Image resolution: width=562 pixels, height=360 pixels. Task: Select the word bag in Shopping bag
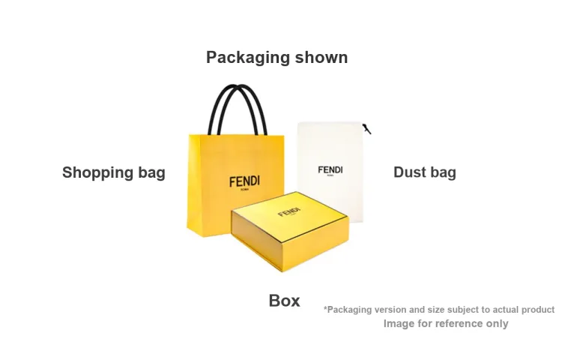coord(151,172)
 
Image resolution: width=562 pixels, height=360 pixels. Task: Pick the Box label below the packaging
coord(284,301)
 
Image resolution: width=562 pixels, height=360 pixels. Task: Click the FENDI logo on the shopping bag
coord(244,181)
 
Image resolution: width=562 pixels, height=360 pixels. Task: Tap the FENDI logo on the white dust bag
coord(330,170)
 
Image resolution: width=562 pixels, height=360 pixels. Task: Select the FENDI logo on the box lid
coord(289,212)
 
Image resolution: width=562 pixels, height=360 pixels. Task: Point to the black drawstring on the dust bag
coord(366,129)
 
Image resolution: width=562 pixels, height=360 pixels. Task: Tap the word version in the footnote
coord(389,310)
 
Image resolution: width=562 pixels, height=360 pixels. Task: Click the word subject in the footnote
coord(463,310)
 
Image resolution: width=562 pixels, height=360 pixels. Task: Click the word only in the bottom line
coord(497,324)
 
